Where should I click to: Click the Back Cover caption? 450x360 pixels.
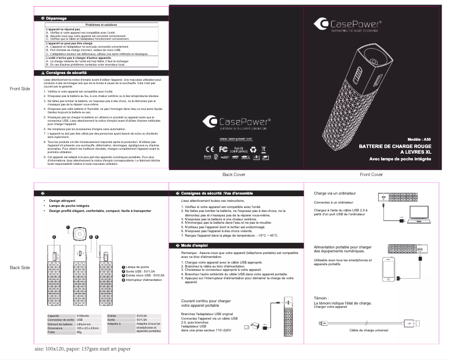235,175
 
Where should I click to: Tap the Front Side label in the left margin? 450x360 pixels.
20,89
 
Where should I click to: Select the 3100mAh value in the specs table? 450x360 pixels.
81,316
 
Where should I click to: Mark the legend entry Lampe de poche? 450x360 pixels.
137,266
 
